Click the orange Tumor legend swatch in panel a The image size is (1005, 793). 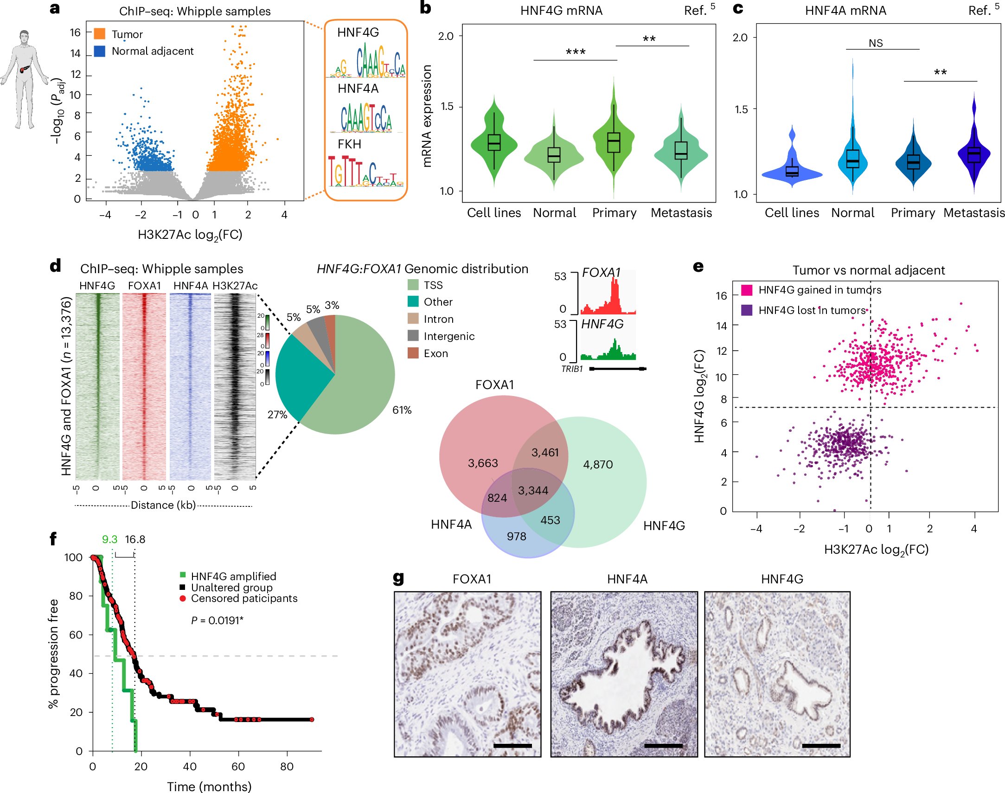tap(99, 34)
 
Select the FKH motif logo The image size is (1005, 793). tap(365, 171)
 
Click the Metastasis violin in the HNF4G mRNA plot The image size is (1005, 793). tap(681, 151)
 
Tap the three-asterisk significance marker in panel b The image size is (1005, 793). tap(575, 52)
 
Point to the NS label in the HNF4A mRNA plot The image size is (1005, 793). tap(876, 43)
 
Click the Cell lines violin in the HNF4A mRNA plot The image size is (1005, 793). tap(792, 172)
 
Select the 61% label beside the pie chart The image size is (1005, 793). tap(402, 410)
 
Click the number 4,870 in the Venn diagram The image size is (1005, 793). tap(598, 464)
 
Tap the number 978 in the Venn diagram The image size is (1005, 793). tap(516, 537)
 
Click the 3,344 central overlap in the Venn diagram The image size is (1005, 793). tap(533, 491)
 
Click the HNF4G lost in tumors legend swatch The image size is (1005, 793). tap(746, 310)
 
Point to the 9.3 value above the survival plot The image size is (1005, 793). tap(109, 539)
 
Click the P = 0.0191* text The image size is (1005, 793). tap(217, 620)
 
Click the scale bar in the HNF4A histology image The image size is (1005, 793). tap(663, 746)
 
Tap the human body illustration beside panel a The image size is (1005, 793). tap(24, 79)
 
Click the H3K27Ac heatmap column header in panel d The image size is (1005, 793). tap(235, 286)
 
